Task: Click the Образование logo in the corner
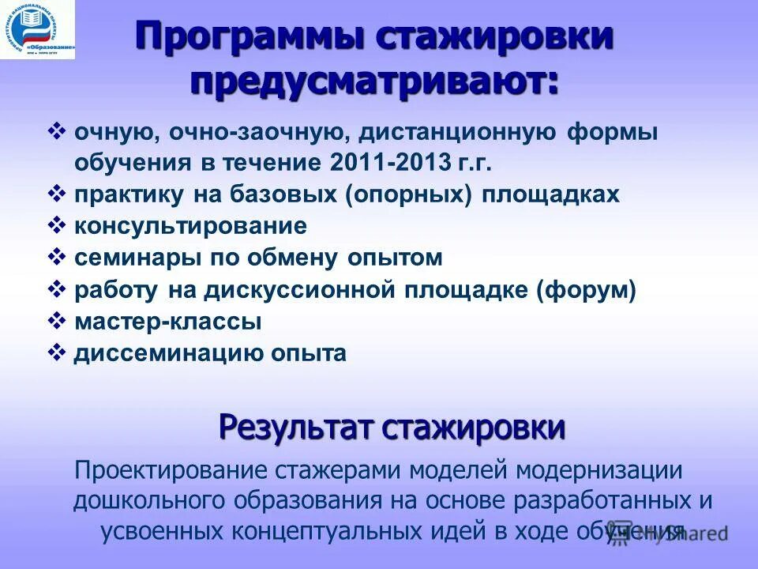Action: (x=38, y=30)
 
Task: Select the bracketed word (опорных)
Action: (x=408, y=195)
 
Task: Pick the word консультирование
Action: (x=190, y=227)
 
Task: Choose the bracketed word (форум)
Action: (x=587, y=290)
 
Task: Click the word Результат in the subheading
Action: (x=295, y=428)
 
